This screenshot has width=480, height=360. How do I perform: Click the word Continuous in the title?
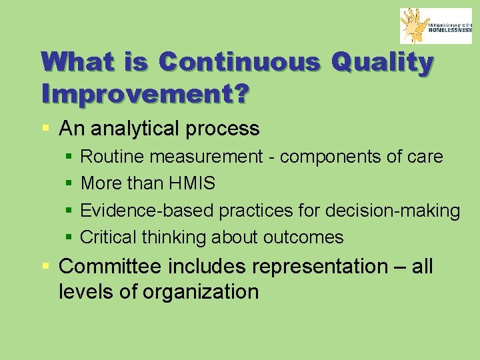pos(239,62)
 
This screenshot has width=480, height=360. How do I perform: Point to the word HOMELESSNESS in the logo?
pos(449,30)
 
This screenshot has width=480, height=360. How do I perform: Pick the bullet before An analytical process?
pos(45,128)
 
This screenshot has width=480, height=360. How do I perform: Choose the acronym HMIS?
pos(193,183)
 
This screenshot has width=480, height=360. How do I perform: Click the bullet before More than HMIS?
pos(70,183)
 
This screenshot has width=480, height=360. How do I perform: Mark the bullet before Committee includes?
pos(45,267)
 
